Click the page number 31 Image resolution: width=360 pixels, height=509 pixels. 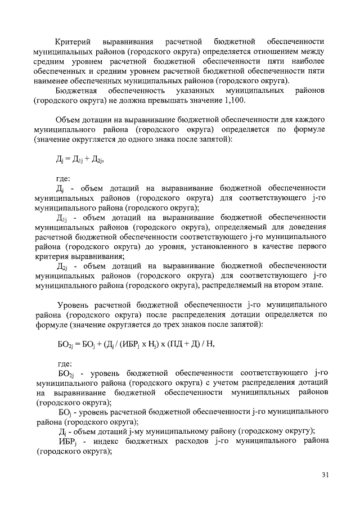[x=325, y=474]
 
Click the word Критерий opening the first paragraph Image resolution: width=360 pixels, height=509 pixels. [x=73, y=42]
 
